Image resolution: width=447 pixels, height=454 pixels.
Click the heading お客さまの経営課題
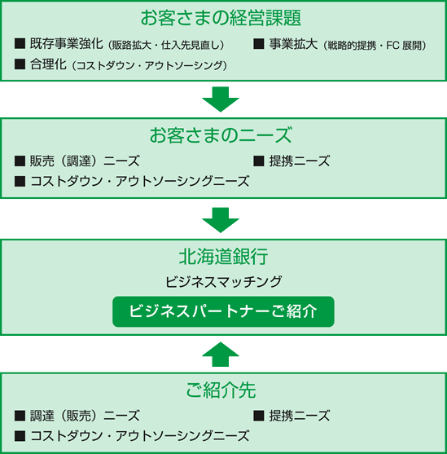click(x=221, y=18)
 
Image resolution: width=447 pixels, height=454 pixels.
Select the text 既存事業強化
click(x=66, y=44)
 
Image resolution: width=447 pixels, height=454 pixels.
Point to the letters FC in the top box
click(x=392, y=46)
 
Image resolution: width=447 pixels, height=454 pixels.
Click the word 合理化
click(x=48, y=64)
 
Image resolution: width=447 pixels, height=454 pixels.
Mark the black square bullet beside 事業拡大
click(x=259, y=44)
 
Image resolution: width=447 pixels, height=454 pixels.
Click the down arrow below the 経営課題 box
click(x=221, y=99)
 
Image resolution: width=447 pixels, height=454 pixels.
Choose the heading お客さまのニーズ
click(x=221, y=135)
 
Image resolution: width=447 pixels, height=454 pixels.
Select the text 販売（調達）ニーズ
click(x=85, y=161)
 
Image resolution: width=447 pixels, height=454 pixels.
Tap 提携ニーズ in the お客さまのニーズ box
click(x=300, y=161)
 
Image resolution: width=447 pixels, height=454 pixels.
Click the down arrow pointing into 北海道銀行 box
click(x=221, y=220)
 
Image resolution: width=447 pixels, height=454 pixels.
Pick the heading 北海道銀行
click(x=223, y=257)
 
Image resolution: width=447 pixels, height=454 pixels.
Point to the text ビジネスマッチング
click(x=223, y=281)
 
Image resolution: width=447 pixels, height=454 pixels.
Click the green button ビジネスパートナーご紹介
click(x=223, y=311)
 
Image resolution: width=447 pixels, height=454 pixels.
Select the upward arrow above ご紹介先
click(x=221, y=355)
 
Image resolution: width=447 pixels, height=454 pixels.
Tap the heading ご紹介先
click(x=221, y=390)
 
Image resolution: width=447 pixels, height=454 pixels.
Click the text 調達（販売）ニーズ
click(x=85, y=416)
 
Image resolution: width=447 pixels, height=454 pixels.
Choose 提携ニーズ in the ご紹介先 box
click(x=300, y=416)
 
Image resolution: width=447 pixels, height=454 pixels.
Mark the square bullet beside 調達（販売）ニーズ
click(x=20, y=416)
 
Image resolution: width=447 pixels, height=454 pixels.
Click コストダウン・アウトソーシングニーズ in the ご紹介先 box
click(x=140, y=436)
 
